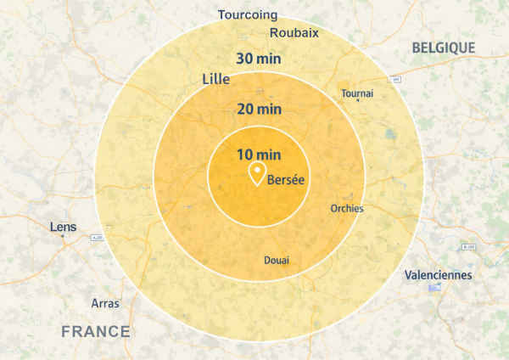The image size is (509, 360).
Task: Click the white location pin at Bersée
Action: pos(255,175)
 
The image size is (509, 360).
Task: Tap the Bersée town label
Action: pos(286,180)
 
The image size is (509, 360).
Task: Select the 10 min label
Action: pos(259,155)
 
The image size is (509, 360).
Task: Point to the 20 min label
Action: pos(259,109)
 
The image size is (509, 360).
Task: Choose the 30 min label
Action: pos(259,59)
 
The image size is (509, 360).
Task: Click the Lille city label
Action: pos(216,79)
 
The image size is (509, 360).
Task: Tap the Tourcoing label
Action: pos(247,14)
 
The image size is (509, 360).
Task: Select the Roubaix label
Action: pos(294,33)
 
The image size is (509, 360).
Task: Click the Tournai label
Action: pos(356,93)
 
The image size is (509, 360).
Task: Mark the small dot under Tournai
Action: pos(358,102)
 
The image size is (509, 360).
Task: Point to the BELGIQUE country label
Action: pos(444,48)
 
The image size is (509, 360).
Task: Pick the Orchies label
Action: pos(346,209)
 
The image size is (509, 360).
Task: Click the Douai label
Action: pos(277,260)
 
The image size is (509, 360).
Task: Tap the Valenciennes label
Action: pos(439,275)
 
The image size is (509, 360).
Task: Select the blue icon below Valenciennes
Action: pos(435,287)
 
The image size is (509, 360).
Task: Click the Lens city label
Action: pos(63,227)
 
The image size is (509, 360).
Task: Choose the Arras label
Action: pos(105,303)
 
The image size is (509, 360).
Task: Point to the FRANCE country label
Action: pos(96,331)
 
